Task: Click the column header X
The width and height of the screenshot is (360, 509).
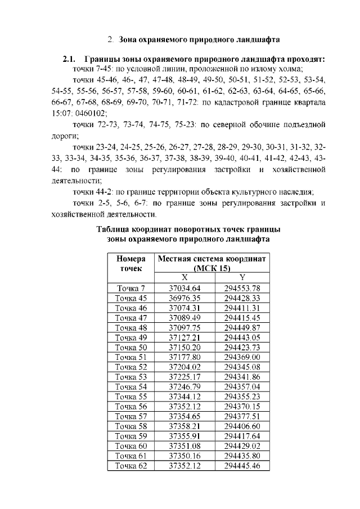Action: (x=184, y=277)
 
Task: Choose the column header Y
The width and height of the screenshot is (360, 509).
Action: (x=242, y=277)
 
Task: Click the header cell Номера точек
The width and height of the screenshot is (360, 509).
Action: (x=130, y=263)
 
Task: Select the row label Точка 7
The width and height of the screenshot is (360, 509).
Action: (x=130, y=289)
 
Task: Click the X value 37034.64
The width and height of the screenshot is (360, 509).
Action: (x=184, y=289)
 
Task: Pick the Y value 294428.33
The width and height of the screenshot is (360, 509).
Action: (x=242, y=298)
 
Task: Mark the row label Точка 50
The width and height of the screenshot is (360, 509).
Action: (x=130, y=348)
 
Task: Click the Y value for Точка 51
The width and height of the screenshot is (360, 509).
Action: (x=242, y=357)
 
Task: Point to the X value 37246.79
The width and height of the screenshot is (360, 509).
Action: (x=184, y=387)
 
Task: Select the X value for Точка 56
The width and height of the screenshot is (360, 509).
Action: (x=184, y=407)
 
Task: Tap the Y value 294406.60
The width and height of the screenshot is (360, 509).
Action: (x=242, y=426)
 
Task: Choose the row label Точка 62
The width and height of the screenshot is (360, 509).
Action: (x=130, y=466)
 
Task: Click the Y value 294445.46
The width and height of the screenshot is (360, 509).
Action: (x=242, y=466)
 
